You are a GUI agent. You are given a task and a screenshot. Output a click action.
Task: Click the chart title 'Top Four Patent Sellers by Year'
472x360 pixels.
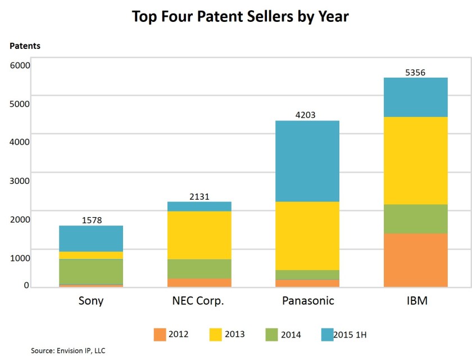240,17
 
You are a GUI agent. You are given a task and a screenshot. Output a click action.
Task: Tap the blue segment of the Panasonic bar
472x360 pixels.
307,161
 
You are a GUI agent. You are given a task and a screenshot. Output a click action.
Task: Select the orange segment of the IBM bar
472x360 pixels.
415,260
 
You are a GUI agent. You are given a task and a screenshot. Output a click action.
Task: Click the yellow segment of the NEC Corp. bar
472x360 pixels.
199,235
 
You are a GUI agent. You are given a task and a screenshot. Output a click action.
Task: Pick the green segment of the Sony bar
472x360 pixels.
91,271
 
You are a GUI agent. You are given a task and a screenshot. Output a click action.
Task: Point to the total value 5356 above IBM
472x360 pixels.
415,72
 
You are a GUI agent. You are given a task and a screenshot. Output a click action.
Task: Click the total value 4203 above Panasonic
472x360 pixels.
307,115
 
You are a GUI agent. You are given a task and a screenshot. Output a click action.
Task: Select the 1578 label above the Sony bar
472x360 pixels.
91,220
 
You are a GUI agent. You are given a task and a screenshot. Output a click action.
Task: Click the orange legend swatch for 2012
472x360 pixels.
161,334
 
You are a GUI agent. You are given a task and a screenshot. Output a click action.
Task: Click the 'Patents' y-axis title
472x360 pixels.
25,46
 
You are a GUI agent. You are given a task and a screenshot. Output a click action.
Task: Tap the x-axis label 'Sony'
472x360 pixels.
91,301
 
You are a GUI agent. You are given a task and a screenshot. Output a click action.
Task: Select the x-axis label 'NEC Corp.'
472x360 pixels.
199,301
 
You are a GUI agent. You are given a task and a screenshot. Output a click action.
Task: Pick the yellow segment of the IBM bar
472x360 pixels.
415,160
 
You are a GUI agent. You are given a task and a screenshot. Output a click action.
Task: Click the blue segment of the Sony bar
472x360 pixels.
91,238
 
